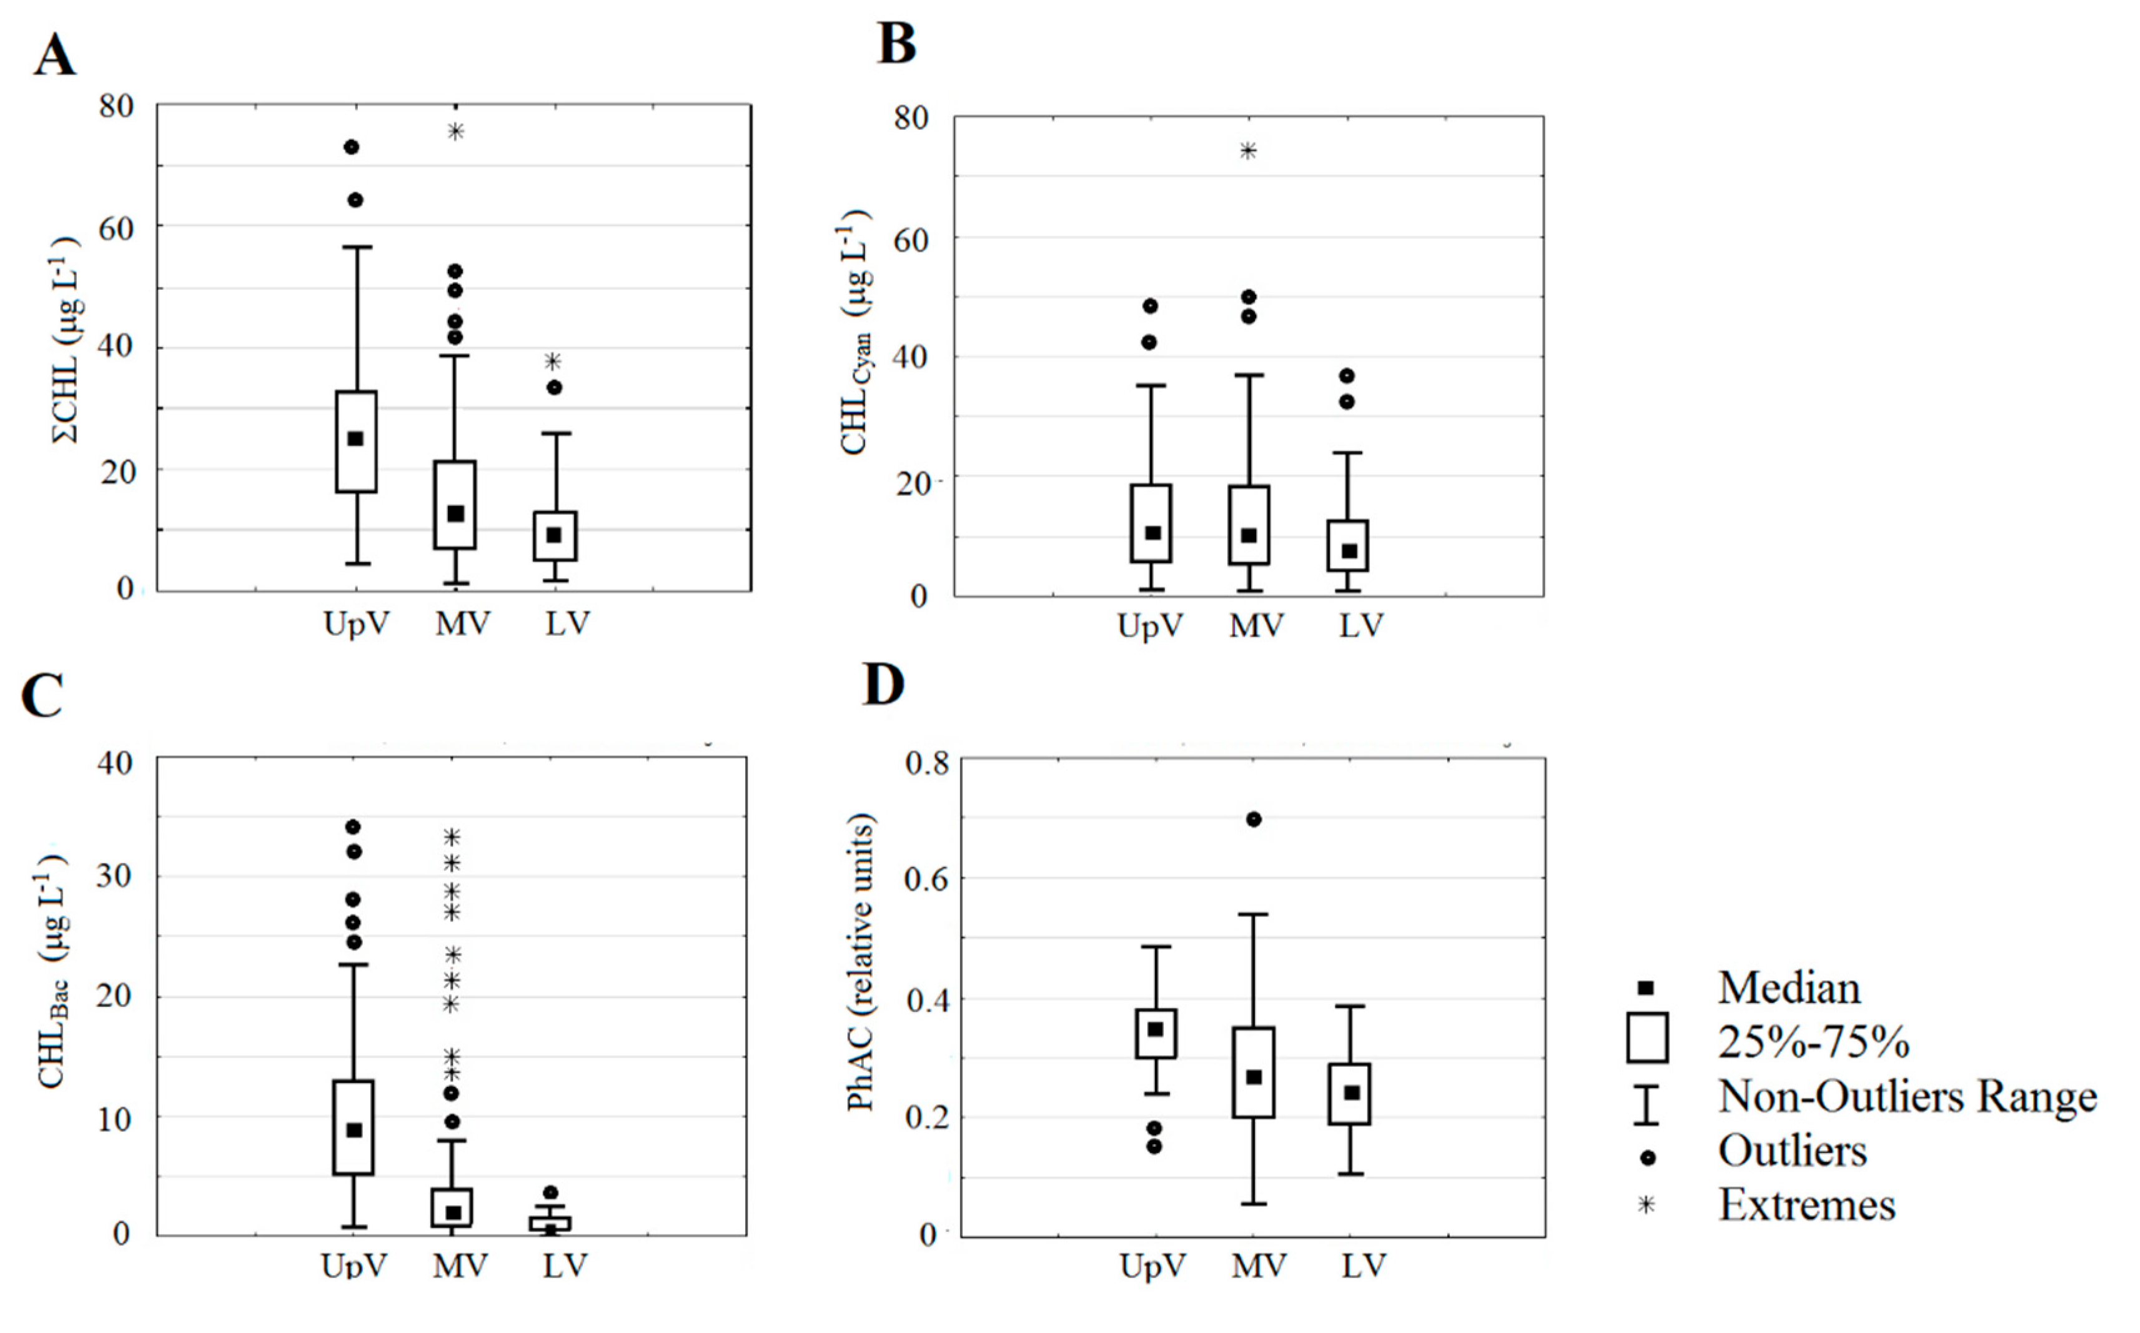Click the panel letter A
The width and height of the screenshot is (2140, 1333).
(x=54, y=57)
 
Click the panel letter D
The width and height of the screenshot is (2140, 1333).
(x=884, y=685)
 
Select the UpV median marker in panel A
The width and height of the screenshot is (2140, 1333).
(x=355, y=439)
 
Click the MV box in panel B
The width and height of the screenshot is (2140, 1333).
(x=1249, y=525)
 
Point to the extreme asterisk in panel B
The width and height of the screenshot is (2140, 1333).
(x=1248, y=151)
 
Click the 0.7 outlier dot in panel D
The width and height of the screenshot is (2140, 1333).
(x=1253, y=819)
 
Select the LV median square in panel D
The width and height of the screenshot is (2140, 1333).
(x=1351, y=1093)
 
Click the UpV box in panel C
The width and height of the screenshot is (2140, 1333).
(x=354, y=1127)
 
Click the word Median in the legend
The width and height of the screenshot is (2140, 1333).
(x=1788, y=988)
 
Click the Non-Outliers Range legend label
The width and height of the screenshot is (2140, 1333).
(x=1906, y=1097)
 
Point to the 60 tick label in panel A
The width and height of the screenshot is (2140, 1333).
(x=116, y=229)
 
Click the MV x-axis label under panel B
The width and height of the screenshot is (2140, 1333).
(x=1257, y=626)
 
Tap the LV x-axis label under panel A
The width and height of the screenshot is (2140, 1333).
(x=567, y=623)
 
